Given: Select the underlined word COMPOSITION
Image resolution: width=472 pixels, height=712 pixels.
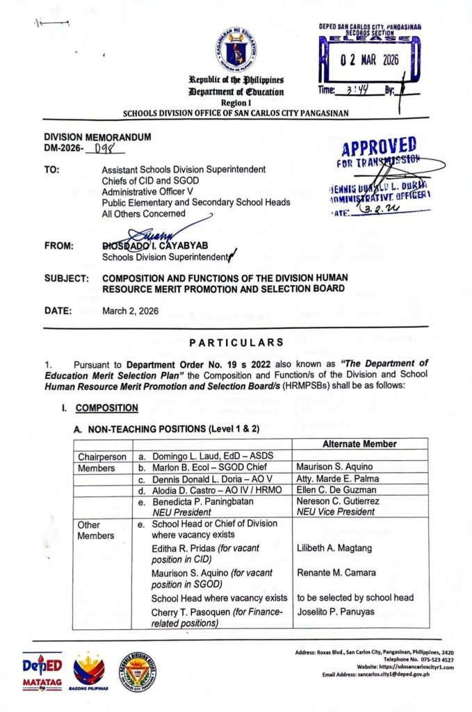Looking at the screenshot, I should [106, 407].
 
